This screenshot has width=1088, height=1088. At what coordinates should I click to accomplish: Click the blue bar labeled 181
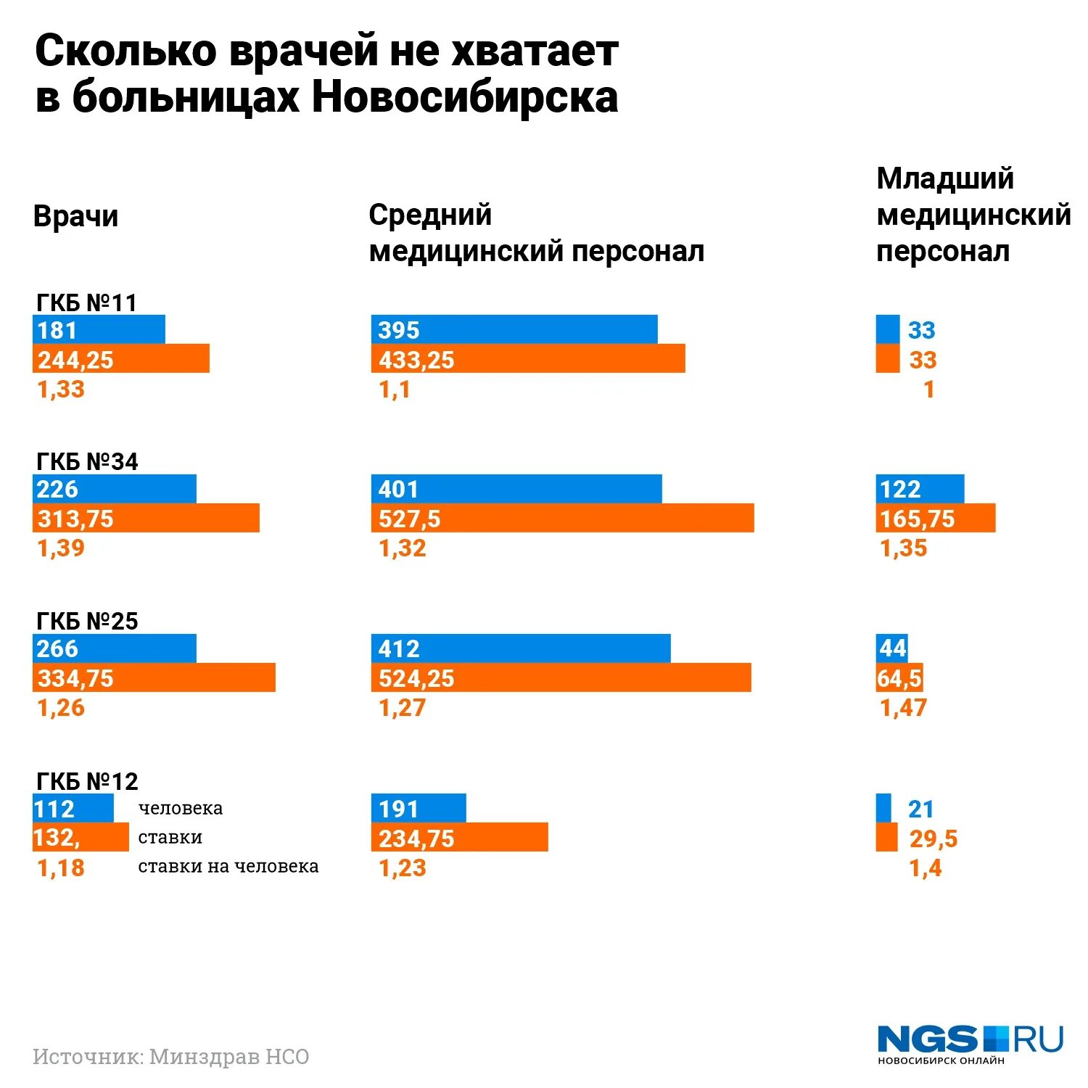tap(99, 329)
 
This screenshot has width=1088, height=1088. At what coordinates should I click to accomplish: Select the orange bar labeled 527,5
tap(562, 518)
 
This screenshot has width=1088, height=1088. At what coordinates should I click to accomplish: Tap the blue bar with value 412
tap(521, 648)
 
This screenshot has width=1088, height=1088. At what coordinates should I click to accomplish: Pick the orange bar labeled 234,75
tap(459, 837)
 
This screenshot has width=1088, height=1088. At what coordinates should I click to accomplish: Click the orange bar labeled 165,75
tap(936, 518)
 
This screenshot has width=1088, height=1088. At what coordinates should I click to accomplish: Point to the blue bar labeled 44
tap(891, 648)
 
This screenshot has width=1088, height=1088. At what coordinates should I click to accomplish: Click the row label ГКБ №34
tap(87, 461)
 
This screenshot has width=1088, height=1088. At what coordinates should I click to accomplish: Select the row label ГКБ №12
tap(87, 781)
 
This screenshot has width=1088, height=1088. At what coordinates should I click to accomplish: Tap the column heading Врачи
tap(75, 216)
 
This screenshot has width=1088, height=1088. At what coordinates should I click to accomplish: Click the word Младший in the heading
tap(944, 178)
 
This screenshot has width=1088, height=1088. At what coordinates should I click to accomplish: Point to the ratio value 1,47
tap(903, 707)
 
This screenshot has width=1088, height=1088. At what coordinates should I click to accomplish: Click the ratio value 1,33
tap(61, 390)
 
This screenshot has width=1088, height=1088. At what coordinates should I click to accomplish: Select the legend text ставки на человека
tap(228, 866)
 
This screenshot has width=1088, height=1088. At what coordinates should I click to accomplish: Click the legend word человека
tap(180, 808)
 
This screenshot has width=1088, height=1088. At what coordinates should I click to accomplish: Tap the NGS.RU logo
tap(970, 1043)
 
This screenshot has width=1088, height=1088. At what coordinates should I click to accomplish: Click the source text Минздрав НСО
tap(229, 1057)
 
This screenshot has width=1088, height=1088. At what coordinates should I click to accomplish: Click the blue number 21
tap(920, 809)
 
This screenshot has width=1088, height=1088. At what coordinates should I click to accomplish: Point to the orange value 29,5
tap(934, 838)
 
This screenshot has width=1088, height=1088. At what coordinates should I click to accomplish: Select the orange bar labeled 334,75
tap(154, 677)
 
